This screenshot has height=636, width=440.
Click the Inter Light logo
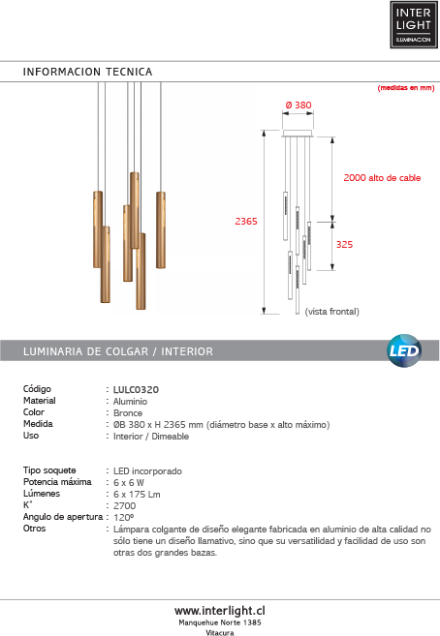[414, 25]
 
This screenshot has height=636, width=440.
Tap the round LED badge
[404, 350]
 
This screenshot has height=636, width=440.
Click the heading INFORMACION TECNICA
[87, 72]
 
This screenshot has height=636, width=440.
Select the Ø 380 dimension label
[299, 106]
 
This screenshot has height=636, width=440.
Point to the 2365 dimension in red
[246, 222]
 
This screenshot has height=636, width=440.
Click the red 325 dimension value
[344, 245]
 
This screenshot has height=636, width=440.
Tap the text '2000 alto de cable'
[382, 178]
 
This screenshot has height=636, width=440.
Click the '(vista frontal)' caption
[332, 312]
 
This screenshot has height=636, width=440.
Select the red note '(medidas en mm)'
[406, 88]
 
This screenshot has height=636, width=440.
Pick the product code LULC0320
[136, 390]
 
